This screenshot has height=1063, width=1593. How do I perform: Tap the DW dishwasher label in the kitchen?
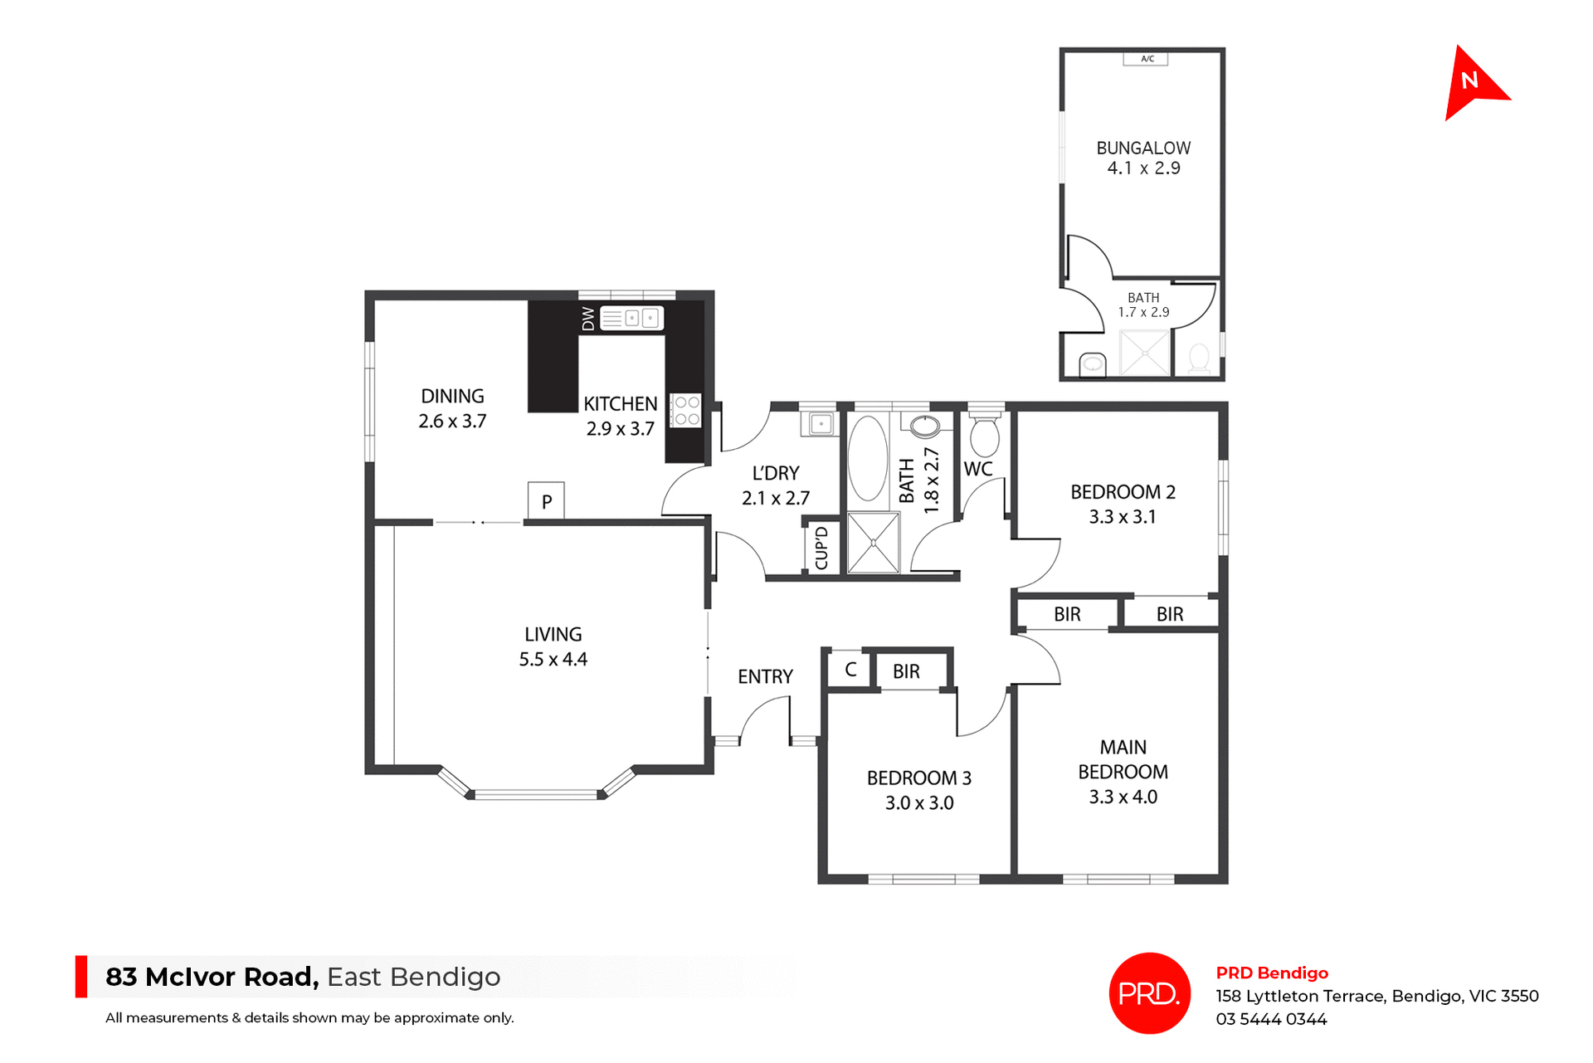(x=588, y=319)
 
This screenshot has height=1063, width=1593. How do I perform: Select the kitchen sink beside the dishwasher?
(x=631, y=318)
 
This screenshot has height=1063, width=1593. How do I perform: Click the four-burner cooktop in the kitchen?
(x=686, y=411)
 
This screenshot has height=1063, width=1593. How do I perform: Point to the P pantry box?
(x=546, y=501)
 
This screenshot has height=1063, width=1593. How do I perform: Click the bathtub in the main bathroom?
(x=868, y=458)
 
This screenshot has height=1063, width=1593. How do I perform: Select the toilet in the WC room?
(x=985, y=436)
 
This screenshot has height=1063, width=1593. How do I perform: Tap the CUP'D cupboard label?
(x=821, y=548)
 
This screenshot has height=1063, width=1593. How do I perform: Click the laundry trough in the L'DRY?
(x=820, y=424)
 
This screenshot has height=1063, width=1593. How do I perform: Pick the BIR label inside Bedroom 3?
(x=906, y=671)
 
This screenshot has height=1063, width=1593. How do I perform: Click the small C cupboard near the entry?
(x=850, y=670)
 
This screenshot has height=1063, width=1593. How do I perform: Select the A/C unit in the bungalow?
(x=1146, y=59)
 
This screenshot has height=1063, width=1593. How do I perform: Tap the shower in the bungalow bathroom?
(x=1144, y=353)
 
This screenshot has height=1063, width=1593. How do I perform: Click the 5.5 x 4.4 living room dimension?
(x=553, y=660)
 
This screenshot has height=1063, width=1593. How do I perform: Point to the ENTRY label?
(x=765, y=677)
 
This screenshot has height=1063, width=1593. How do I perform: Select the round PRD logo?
(x=1149, y=993)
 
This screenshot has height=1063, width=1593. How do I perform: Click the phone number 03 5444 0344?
(x=1271, y=1019)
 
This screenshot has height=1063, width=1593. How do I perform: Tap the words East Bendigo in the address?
(x=413, y=977)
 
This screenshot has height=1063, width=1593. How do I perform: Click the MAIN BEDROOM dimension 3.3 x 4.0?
(x=1123, y=797)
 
